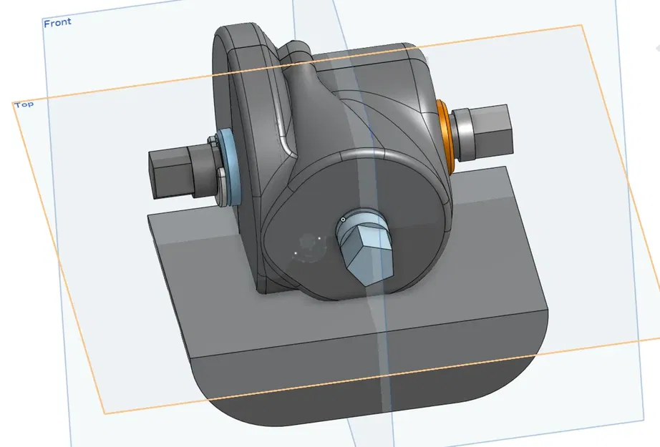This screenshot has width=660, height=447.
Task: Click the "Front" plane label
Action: click(57, 23)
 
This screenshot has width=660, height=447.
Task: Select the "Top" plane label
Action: click(24, 104)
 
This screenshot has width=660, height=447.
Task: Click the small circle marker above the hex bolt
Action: click(344, 219)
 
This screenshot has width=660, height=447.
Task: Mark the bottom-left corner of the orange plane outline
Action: click(105, 413)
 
